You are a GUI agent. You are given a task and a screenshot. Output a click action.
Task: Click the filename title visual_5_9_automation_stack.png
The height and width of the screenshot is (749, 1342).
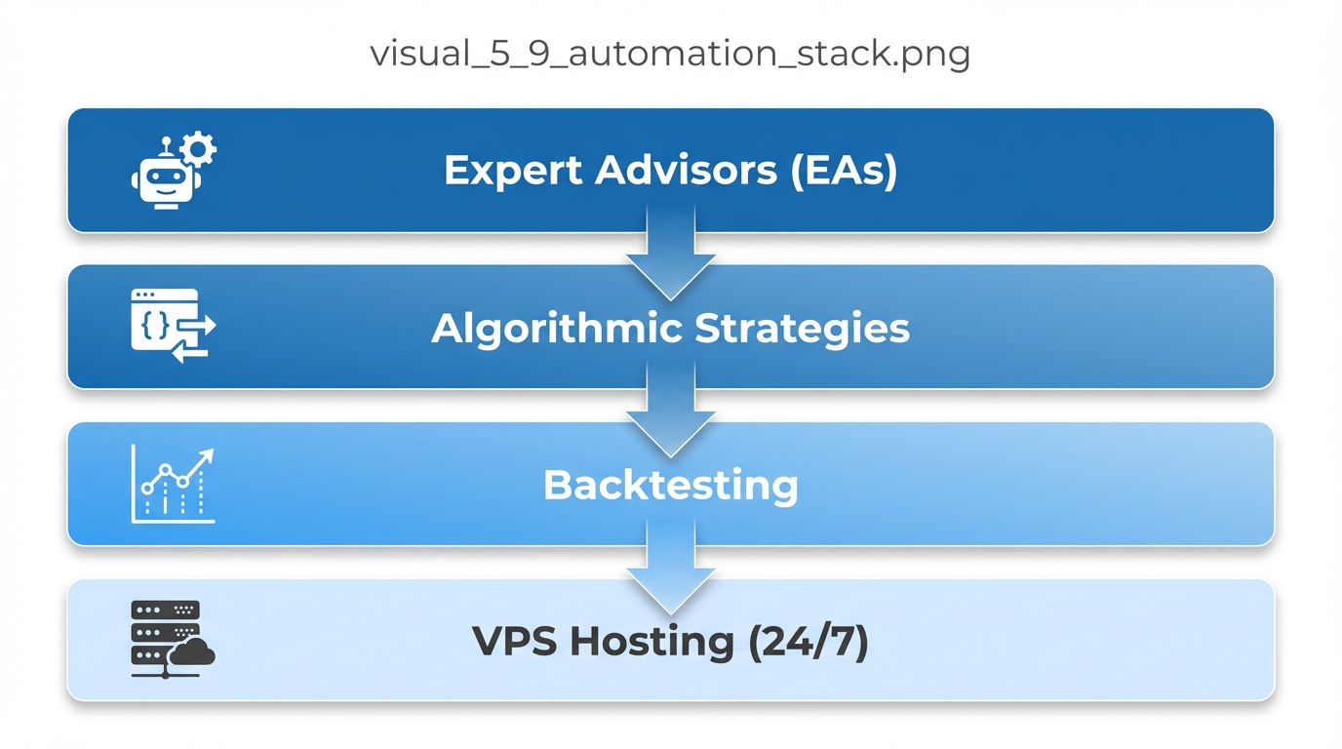click(x=670, y=54)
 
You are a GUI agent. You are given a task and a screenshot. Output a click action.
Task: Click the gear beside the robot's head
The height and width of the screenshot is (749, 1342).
click(x=199, y=149)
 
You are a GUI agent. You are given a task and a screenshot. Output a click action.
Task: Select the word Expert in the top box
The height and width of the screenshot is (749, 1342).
click(x=513, y=171)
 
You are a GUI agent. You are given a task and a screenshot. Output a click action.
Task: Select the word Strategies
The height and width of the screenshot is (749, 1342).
click(x=803, y=328)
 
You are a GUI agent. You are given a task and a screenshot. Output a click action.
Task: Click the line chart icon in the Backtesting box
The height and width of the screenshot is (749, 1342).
click(x=173, y=485)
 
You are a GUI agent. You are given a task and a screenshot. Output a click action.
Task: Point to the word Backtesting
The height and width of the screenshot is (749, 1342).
click(x=670, y=485)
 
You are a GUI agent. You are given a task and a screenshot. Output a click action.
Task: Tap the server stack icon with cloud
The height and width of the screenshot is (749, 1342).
click(x=172, y=640)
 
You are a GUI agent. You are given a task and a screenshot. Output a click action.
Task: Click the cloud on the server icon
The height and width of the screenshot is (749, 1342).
click(x=192, y=652)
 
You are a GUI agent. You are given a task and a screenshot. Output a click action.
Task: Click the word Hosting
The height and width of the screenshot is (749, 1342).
click(x=652, y=642)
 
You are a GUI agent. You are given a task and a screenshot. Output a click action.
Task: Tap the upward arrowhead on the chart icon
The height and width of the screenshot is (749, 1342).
click(x=206, y=455)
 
